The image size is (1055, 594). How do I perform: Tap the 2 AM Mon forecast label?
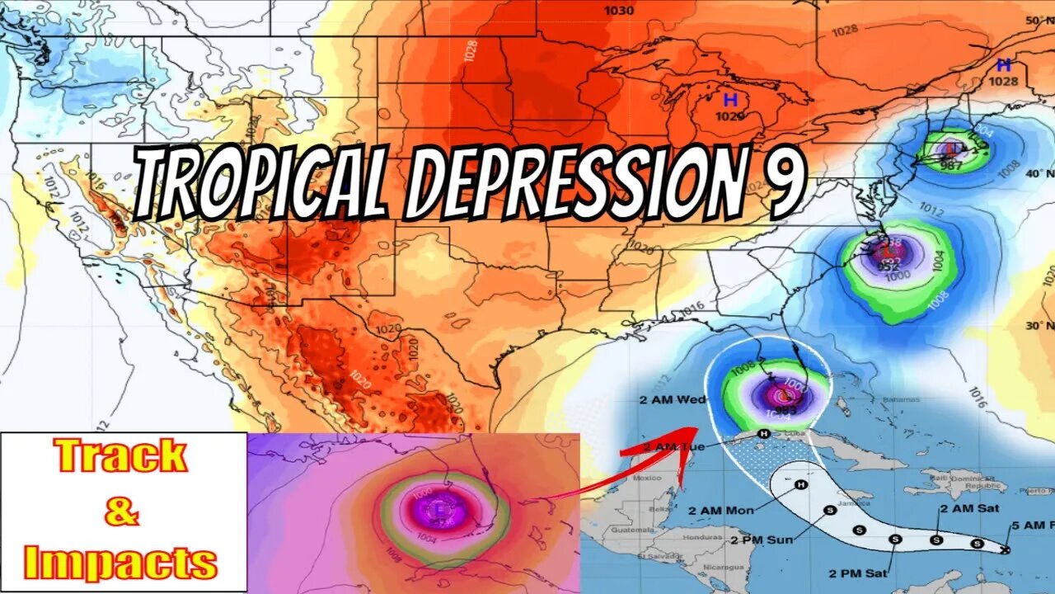(x=720, y=511)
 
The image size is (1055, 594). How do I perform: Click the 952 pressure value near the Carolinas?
(x=888, y=266)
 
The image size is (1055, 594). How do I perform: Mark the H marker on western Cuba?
(x=764, y=433)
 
